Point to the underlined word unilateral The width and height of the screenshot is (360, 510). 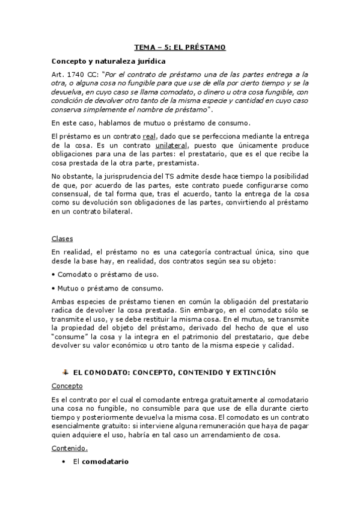click(172, 146)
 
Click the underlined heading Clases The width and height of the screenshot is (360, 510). click(62, 239)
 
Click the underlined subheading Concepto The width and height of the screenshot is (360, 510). click(67, 386)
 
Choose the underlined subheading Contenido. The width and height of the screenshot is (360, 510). click(69, 447)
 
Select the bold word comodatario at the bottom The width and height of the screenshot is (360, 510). click(105, 461)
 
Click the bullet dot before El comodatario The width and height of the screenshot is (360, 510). click(64, 461)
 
